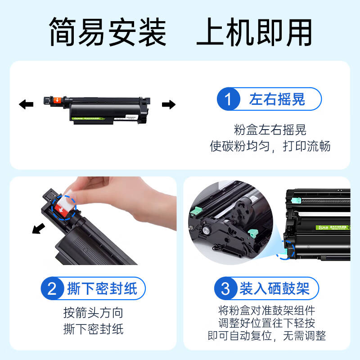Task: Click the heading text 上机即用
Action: point(254,32)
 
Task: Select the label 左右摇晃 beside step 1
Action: point(277,99)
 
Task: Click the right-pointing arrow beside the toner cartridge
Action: point(169,105)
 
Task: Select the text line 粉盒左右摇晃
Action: point(270,130)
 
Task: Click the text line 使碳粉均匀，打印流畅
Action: point(270,147)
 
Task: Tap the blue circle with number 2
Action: point(53,288)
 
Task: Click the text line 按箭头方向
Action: point(93,313)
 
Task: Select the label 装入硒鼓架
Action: point(274,288)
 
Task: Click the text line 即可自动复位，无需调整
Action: point(266,336)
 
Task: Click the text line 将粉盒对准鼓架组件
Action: point(266,310)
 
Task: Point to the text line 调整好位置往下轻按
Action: point(266,323)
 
